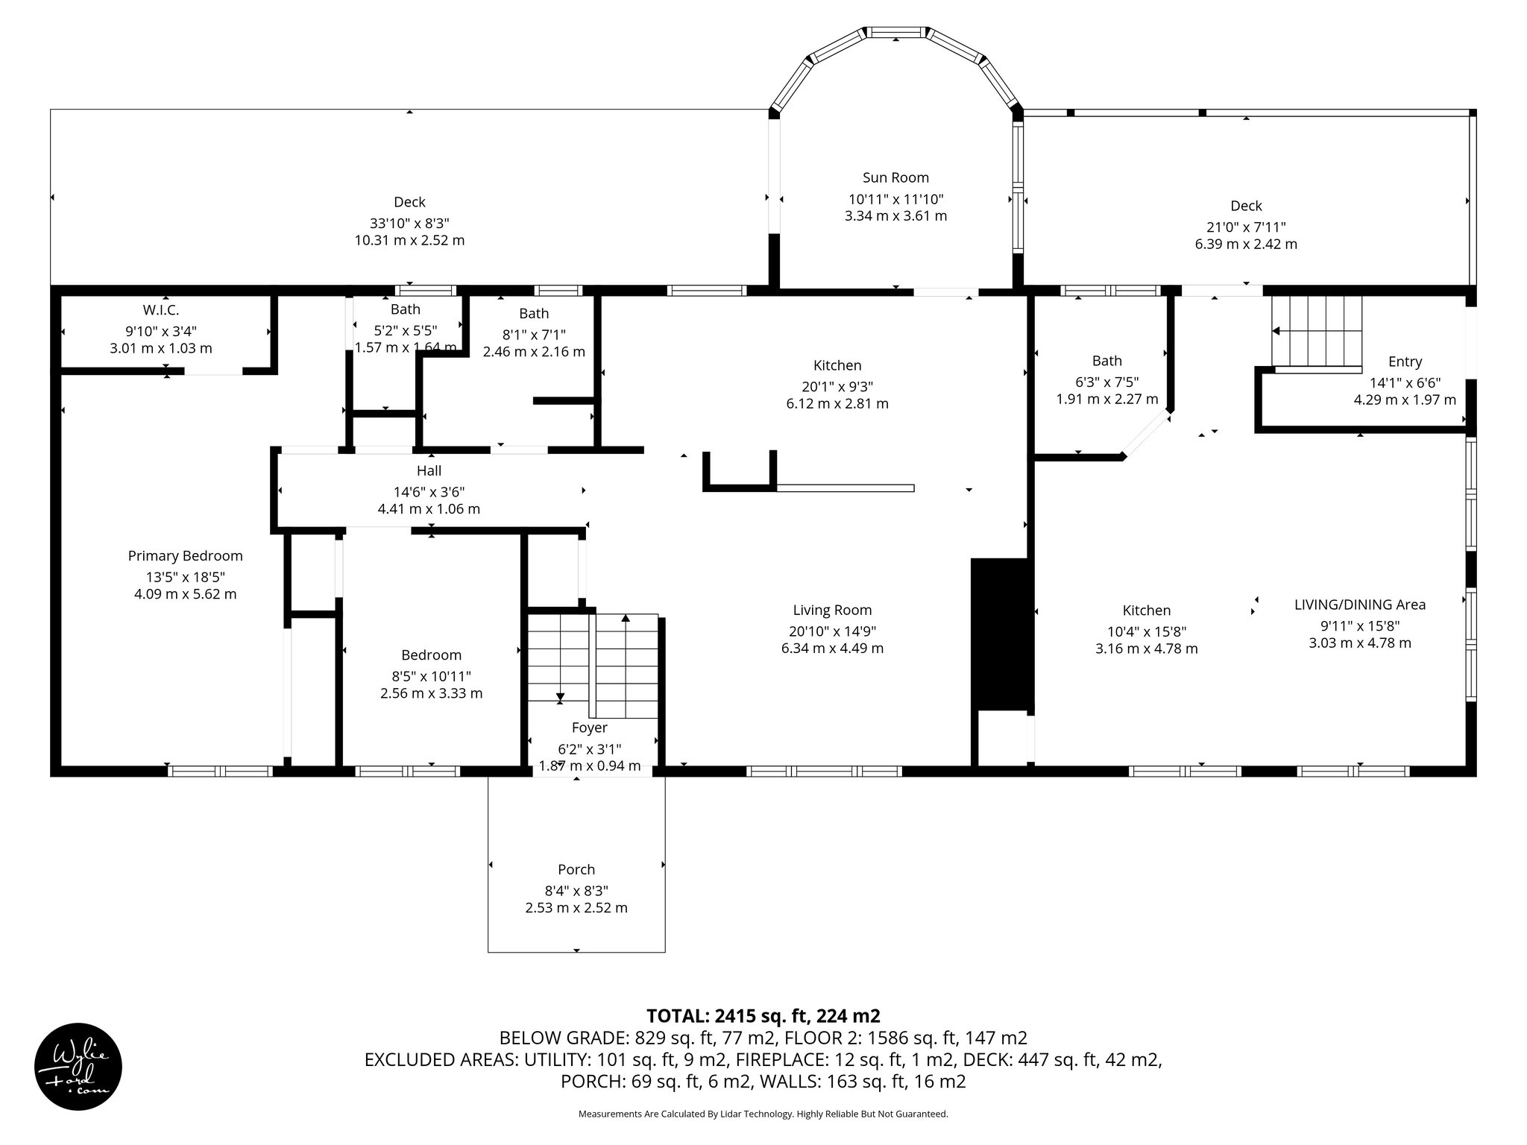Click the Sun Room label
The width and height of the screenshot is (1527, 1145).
(x=895, y=177)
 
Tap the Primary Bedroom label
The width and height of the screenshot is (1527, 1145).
(x=185, y=555)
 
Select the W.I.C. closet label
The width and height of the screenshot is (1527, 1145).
(x=161, y=309)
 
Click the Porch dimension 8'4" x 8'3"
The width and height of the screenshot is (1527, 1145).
(x=576, y=890)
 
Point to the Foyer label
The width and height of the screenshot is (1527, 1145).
(x=589, y=728)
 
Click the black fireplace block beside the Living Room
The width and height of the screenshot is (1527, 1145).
(x=1000, y=634)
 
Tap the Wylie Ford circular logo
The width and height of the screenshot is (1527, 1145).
(x=78, y=1067)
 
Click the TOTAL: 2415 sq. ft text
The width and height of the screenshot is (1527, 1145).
(x=763, y=1015)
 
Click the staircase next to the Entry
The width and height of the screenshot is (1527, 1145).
(x=1317, y=331)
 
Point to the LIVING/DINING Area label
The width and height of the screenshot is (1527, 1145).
(x=1359, y=605)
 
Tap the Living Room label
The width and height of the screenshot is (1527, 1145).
(x=832, y=610)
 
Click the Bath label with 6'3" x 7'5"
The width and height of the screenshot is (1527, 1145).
(x=1106, y=361)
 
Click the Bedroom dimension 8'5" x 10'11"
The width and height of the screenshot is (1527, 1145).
(x=431, y=676)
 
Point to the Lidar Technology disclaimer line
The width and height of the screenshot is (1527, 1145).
(x=763, y=1114)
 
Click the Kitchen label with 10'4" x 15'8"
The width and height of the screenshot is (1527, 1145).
(x=1146, y=611)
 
